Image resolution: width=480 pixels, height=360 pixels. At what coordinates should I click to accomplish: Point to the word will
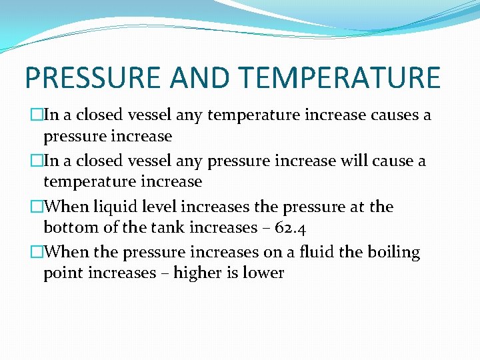[348, 161]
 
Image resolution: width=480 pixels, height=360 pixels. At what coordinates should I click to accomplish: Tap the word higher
[197, 274]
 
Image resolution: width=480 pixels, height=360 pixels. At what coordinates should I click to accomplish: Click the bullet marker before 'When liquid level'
[37, 207]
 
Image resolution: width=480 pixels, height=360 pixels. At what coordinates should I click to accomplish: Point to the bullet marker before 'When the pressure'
[37, 253]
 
